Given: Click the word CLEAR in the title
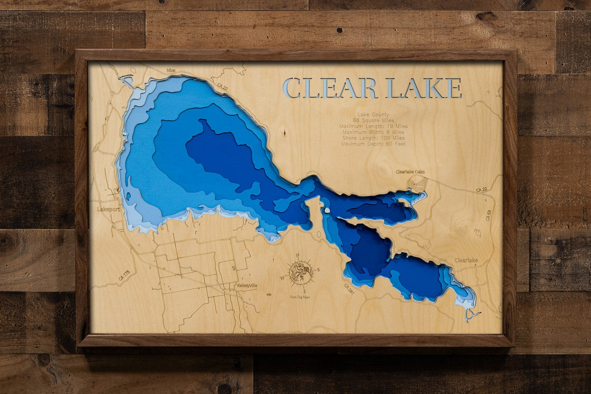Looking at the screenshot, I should click(330, 88).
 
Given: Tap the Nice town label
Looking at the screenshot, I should click(171, 70).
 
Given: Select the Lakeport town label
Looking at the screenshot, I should click(109, 209).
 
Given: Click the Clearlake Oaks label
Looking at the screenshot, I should click(410, 172).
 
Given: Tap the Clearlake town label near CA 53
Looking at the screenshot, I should click(466, 260).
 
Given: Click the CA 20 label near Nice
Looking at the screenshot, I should click(222, 87).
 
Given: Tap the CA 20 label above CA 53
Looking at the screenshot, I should click(481, 190).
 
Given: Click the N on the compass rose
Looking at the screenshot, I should click(298, 255).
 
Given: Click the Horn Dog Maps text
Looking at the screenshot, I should click(300, 297).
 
